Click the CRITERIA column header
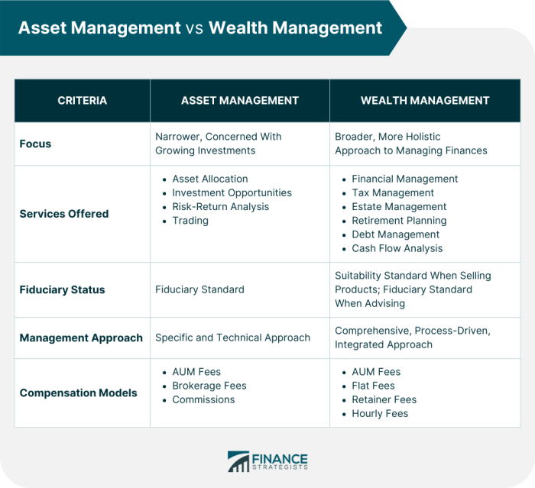point(82,100)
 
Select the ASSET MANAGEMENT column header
point(239,100)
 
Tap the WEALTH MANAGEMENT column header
point(425,100)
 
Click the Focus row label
point(35,144)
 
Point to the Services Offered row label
point(64,214)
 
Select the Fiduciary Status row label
point(62,290)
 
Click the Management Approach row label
point(81,338)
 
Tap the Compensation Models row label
point(78,393)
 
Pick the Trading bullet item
point(190,221)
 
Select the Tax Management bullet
point(393,193)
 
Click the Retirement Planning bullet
point(399,221)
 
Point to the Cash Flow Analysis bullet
point(397,248)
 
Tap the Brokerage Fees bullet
point(209,386)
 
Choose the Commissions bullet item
point(203,399)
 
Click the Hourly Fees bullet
point(380,413)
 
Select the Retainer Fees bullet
point(384,399)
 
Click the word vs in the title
point(194,28)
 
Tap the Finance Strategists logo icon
point(238,461)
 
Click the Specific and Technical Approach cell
point(232,338)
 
